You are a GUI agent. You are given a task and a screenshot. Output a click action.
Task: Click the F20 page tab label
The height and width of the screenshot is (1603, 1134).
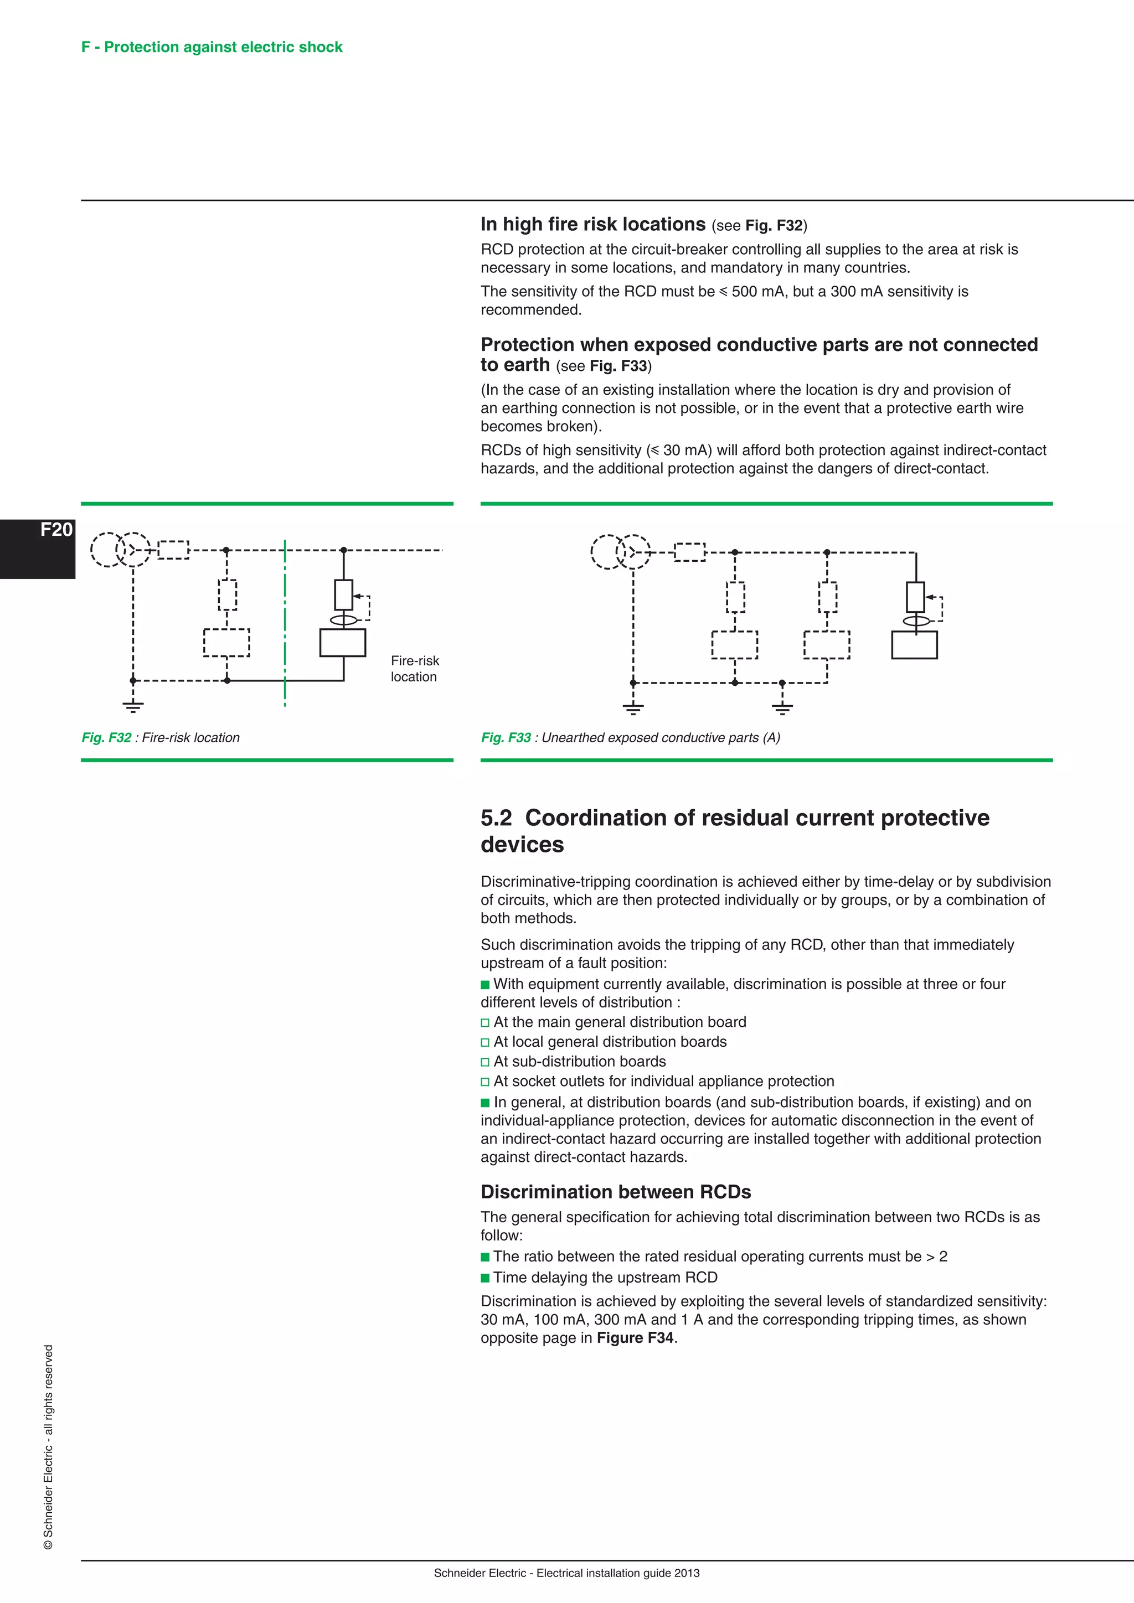coord(56,530)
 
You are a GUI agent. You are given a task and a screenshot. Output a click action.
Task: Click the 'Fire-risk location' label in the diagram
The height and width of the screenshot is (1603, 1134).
coord(415,669)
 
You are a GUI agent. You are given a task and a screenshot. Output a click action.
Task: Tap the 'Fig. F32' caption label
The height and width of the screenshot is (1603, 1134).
coord(106,738)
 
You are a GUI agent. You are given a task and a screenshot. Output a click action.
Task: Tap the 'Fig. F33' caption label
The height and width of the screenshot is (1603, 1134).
coord(506,738)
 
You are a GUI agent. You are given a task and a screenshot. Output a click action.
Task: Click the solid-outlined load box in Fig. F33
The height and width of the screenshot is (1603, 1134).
coord(914,645)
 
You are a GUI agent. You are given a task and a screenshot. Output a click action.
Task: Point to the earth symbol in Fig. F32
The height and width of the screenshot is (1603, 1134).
coord(133,706)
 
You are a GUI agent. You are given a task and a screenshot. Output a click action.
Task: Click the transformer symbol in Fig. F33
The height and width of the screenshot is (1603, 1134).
coord(620,552)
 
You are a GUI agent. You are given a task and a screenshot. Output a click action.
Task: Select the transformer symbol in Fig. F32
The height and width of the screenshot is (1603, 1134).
coord(120,550)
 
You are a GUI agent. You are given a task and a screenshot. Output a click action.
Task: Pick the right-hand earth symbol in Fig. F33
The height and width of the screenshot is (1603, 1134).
coord(782,708)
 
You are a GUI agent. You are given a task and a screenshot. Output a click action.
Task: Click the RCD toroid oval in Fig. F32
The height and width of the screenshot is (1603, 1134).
coord(343,620)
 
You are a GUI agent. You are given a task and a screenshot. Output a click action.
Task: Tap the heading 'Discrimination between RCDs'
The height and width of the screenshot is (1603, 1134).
coord(615,1192)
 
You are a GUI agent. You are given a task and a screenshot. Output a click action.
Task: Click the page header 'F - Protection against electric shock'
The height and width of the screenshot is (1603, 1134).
coord(212,48)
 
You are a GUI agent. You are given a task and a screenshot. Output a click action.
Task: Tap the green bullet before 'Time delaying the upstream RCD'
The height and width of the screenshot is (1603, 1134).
coord(485,1278)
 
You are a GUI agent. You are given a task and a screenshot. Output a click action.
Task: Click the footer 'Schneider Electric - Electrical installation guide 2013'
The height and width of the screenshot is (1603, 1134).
coord(566,1574)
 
